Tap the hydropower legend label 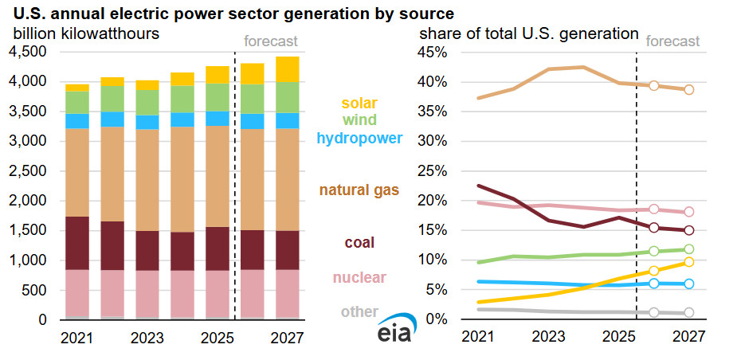pos(359,139)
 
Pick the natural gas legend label pos(359,190)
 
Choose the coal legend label pos(359,242)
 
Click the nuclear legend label pos(359,277)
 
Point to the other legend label pos(359,311)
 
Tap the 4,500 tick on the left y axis pos(28,52)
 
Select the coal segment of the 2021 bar pos(77,243)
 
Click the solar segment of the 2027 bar pos(288,69)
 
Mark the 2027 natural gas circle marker pos(689,89)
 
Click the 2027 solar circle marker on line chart pos(689,262)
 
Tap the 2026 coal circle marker pos(654,228)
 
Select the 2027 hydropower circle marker pos(689,284)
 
